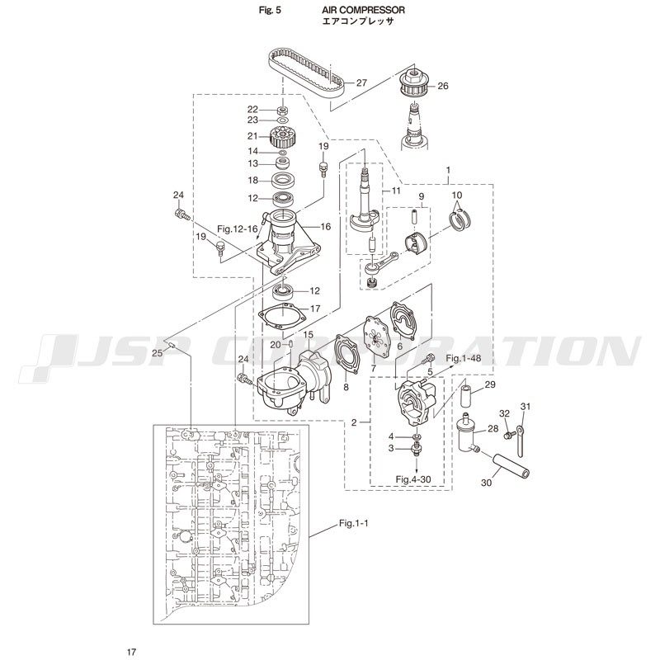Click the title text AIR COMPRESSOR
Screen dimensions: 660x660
pos(363,10)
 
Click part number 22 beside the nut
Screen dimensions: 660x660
pos(252,110)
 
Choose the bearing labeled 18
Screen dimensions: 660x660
pos(284,181)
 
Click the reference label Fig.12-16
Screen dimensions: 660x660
pos(238,229)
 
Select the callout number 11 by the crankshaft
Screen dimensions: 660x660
pos(396,191)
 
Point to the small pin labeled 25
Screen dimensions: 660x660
pos(172,345)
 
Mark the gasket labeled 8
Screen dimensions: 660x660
pos(346,354)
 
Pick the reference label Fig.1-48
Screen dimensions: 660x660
pos(464,358)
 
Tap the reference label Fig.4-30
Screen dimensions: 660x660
pos(413,479)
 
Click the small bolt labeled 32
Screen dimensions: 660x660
pos(510,433)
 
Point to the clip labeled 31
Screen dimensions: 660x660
pos(521,438)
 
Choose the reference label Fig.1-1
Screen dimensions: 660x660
pos(354,523)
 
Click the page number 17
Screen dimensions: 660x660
pos(131,652)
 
